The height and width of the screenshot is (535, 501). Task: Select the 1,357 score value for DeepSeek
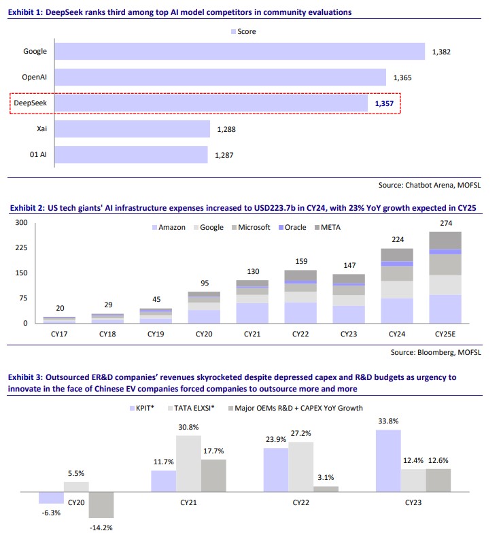[385, 103]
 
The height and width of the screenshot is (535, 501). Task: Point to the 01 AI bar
[131, 155]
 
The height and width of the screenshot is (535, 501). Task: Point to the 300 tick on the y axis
[20, 223]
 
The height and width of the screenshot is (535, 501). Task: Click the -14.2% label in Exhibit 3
[102, 528]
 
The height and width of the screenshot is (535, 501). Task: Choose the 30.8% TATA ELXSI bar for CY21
[189, 463]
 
